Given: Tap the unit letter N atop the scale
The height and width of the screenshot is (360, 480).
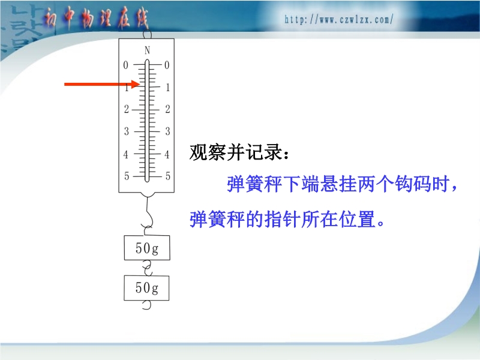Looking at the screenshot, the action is (147, 50).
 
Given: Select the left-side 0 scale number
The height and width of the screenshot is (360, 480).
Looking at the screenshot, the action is (125, 65).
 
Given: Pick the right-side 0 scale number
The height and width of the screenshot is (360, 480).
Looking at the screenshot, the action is (167, 65).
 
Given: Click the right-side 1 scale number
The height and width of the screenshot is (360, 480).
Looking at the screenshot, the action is (167, 88).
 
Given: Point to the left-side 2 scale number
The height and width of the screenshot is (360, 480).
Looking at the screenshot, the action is (127, 109).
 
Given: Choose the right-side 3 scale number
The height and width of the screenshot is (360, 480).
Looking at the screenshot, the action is (167, 131).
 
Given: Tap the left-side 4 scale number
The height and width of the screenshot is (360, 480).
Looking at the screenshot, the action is (126, 154).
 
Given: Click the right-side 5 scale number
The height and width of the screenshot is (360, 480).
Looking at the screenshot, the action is (168, 176).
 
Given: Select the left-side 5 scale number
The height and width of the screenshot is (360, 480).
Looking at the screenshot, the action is (127, 176).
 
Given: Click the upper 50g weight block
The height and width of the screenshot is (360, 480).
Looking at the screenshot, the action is (147, 248).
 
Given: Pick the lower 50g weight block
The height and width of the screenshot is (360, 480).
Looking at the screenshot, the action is (146, 288).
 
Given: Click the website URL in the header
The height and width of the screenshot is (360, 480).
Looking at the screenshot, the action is (338, 20).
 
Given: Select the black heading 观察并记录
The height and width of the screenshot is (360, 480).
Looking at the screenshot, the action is (239, 152).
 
